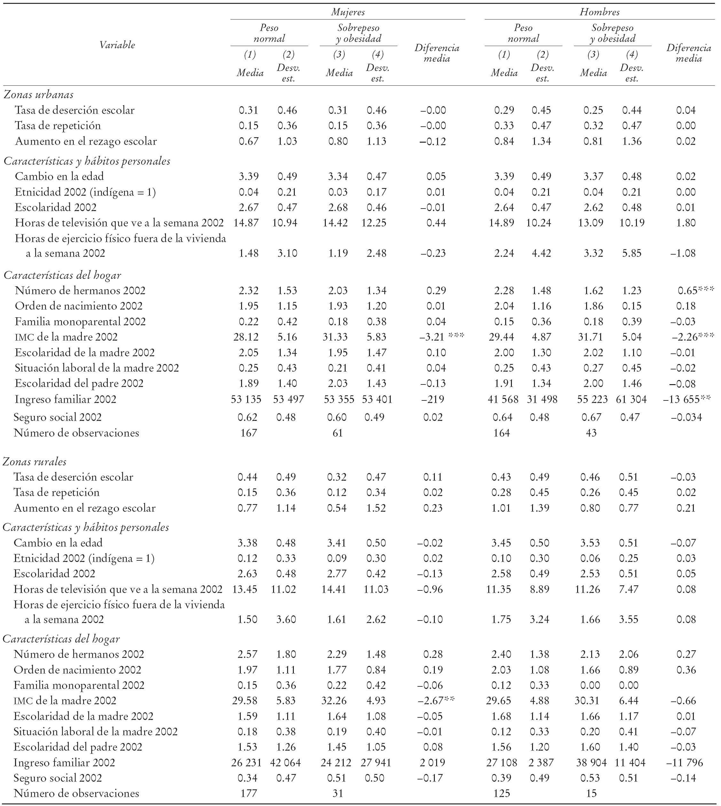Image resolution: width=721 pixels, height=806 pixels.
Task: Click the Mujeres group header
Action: [x=348, y=12]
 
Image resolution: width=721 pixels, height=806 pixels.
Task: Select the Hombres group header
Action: [x=600, y=12]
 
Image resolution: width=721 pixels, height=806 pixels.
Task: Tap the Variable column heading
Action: [x=117, y=45]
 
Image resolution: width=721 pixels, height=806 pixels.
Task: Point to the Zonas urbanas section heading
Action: [x=38, y=95]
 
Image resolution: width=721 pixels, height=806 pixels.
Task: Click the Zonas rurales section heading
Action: [x=35, y=462]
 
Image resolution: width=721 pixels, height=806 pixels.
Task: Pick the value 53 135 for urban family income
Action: [x=246, y=399]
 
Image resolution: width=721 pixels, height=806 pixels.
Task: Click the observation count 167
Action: [x=248, y=433]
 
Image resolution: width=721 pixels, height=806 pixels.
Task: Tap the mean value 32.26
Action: [x=337, y=700]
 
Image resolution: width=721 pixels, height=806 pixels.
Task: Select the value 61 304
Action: [x=631, y=399]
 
